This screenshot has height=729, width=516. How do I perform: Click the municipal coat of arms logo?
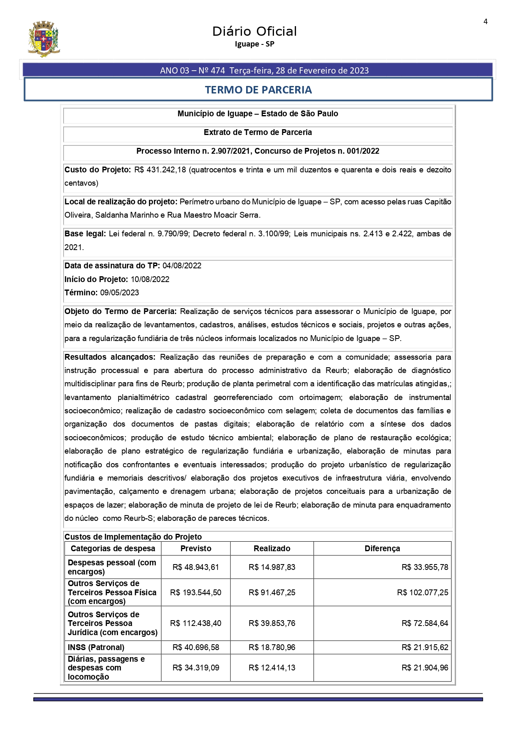pyautogui.click(x=44, y=39)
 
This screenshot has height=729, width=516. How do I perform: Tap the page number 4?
pyautogui.click(x=485, y=22)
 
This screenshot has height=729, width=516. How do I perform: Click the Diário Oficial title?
pyautogui.click(x=254, y=32)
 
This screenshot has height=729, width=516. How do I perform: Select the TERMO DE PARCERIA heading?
pyautogui.click(x=258, y=90)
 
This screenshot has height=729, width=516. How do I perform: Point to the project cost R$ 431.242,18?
pyautogui.click(x=160, y=169)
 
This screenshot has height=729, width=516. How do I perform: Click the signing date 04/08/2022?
pyautogui.click(x=182, y=266)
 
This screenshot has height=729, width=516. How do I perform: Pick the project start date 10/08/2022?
pyautogui.click(x=150, y=279)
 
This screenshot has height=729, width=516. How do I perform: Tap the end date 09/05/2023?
pyautogui.click(x=120, y=292)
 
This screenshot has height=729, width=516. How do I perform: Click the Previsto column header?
pyautogui.click(x=196, y=548)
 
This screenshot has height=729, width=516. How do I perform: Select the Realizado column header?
pyautogui.click(x=272, y=548)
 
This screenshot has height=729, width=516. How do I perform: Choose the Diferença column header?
pyautogui.click(x=382, y=548)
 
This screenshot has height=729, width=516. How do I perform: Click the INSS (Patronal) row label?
pyautogui.click(x=96, y=647)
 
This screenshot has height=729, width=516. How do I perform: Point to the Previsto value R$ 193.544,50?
pyautogui.click(x=196, y=592)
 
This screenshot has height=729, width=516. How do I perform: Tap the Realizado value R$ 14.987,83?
pyautogui.click(x=272, y=567)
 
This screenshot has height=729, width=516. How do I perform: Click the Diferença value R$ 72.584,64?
pyautogui.click(x=425, y=623)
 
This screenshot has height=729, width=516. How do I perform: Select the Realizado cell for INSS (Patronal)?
pyautogui.click(x=272, y=647)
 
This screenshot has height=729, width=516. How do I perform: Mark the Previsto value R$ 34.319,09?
pyautogui.click(x=196, y=668)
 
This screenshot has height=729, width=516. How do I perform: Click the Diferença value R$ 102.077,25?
pyautogui.click(x=423, y=592)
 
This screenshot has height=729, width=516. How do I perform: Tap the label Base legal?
pyautogui.click(x=85, y=234)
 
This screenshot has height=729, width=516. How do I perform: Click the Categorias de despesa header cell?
pyautogui.click(x=113, y=548)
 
